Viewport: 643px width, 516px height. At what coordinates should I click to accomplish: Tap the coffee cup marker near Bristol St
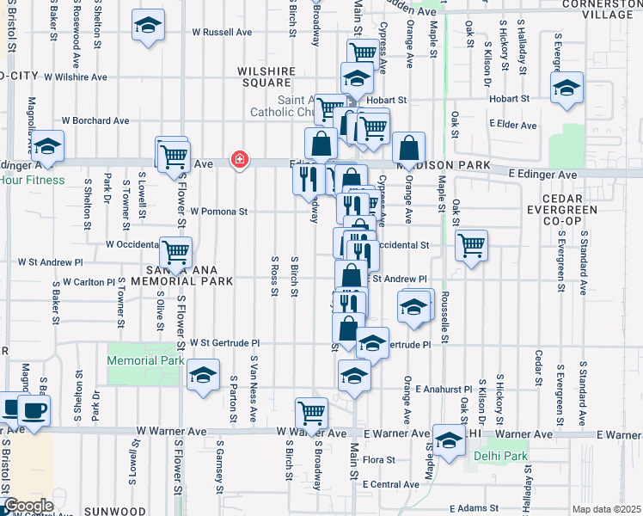[34, 411]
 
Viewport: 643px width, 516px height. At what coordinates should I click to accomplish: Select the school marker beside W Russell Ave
[149, 26]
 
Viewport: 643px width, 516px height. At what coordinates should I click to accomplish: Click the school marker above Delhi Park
[449, 442]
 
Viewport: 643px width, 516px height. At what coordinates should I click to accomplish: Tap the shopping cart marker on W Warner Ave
[310, 414]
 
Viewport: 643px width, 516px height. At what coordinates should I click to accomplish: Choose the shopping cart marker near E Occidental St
[471, 246]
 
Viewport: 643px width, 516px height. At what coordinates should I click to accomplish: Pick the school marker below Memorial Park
[203, 378]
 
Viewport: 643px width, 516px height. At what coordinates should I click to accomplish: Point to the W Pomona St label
[218, 211]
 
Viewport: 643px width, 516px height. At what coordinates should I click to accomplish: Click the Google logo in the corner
[28, 506]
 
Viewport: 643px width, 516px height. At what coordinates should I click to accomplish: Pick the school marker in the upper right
[566, 89]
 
